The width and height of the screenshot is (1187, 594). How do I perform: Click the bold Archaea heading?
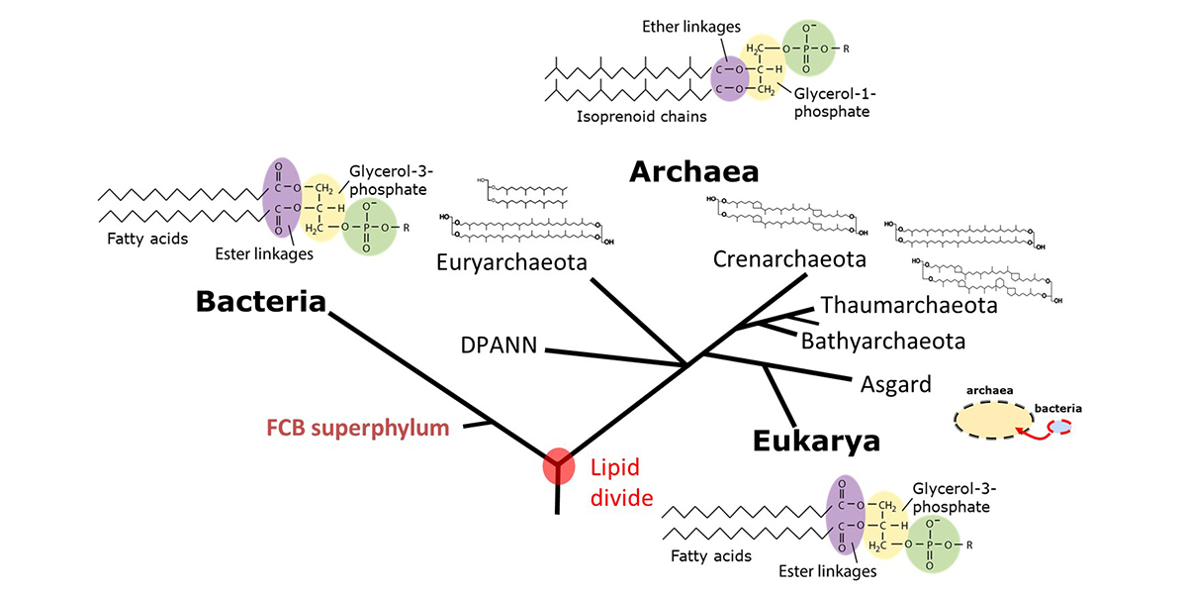(693, 172)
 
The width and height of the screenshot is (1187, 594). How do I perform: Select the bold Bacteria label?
(260, 301)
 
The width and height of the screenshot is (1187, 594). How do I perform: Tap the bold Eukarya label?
(816, 441)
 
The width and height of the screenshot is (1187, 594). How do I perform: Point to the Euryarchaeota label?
(511, 262)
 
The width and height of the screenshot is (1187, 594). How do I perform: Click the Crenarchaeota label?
(789, 259)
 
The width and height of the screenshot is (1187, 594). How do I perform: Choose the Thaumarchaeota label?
(908, 305)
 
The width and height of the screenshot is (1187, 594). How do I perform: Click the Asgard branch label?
(895, 384)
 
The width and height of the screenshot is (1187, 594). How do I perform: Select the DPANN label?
(499, 346)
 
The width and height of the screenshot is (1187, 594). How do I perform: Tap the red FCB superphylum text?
(357, 429)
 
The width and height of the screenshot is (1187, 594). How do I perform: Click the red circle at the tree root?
(558, 465)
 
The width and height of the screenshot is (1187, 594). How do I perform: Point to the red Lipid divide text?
(621, 482)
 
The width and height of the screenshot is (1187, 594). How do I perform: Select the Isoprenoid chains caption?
(624, 117)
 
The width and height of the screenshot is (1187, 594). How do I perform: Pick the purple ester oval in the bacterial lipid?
(282, 198)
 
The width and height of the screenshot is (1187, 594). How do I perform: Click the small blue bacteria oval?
(1059, 427)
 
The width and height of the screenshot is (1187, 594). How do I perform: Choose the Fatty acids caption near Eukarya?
(710, 555)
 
